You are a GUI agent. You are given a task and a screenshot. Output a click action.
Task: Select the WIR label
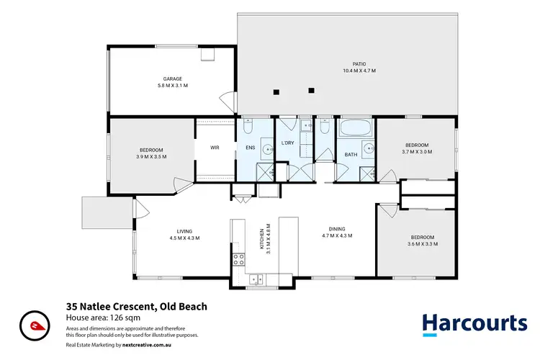coord(215,148)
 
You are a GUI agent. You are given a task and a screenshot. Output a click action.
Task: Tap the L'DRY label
coord(288,143)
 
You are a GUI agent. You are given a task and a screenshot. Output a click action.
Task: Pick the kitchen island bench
coord(288,245)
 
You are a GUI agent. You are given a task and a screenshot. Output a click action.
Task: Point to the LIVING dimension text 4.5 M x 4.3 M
coord(184,238)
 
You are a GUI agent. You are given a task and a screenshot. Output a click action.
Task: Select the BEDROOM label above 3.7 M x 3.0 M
coord(416,144)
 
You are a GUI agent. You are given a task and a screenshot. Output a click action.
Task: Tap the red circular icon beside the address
coord(34,324)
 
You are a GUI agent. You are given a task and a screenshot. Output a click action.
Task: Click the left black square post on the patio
coord(276,91)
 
